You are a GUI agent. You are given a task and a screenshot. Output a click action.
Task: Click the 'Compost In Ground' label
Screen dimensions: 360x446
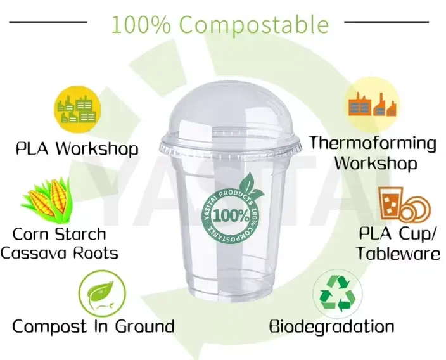[93, 326]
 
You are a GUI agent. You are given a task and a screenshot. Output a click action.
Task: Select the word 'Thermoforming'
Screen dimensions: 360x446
[373, 143]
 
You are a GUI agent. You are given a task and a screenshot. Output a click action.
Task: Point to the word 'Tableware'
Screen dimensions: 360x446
[398, 254]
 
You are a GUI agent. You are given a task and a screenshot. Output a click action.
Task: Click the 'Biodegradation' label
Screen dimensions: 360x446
[331, 327]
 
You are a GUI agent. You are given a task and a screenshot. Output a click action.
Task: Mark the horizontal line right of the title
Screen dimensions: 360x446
[386, 22]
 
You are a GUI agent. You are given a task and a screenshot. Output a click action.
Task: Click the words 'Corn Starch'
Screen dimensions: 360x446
[60, 234]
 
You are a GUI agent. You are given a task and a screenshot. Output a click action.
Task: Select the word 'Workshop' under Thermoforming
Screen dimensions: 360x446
[376, 163]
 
